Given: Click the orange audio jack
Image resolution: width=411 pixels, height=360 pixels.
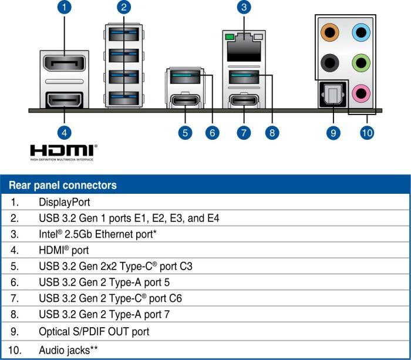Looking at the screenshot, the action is (x=330, y=32).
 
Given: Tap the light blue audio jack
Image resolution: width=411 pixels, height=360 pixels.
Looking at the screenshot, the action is (x=361, y=32).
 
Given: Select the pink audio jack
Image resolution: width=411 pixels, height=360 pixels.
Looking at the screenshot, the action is (x=361, y=93).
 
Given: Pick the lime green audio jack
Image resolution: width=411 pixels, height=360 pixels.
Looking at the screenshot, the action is (x=361, y=63).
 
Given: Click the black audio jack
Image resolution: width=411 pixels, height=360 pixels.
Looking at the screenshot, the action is (x=330, y=63).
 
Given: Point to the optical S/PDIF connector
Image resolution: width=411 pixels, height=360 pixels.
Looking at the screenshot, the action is (x=332, y=95).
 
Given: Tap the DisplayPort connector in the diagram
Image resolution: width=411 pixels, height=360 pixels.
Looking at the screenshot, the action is (x=65, y=63).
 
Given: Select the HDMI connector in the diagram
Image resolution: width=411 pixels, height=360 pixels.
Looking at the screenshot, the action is (x=65, y=100).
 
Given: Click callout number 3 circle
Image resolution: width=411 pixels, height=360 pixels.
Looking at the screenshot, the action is (x=244, y=7).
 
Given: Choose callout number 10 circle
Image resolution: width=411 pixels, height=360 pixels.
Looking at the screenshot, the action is (x=367, y=133).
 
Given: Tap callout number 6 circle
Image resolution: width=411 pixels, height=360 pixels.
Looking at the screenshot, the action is (x=213, y=133).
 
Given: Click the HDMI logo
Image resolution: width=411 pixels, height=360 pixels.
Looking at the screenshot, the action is (x=63, y=152).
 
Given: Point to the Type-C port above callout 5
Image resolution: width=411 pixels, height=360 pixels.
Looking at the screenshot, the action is (x=185, y=100).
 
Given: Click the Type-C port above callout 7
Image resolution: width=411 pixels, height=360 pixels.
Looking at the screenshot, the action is (x=244, y=100).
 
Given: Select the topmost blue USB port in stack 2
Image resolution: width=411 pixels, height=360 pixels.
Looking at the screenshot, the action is (x=124, y=34).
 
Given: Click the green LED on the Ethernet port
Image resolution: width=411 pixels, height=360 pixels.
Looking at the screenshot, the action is (x=230, y=37).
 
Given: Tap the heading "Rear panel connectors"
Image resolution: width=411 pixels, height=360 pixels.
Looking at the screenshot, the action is (x=63, y=185).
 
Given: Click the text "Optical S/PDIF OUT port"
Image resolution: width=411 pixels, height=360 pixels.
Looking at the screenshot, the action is (x=94, y=332).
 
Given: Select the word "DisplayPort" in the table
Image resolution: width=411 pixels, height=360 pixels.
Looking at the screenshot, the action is (x=64, y=202).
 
